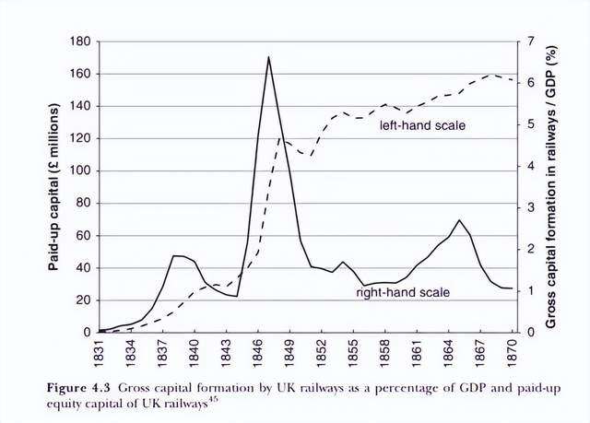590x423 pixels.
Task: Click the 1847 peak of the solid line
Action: [268, 57]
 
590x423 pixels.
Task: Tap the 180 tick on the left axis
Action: [80, 41]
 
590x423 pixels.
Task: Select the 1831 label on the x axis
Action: [99, 350]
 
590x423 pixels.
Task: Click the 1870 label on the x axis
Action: [513, 350]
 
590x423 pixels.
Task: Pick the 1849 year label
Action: [289, 350]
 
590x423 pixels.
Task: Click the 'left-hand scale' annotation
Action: [422, 125]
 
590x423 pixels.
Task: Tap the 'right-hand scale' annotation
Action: [403, 292]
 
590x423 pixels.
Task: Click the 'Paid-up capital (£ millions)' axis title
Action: [53, 187]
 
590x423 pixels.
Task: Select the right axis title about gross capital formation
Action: [550, 187]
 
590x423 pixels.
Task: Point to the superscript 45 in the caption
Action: [213, 401]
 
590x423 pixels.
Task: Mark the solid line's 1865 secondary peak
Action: [459, 220]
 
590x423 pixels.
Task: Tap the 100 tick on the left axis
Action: [80, 171]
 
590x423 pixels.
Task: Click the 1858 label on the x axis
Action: [385, 350]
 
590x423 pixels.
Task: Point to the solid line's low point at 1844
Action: [237, 297]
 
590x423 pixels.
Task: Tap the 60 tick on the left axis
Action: [84, 236]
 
